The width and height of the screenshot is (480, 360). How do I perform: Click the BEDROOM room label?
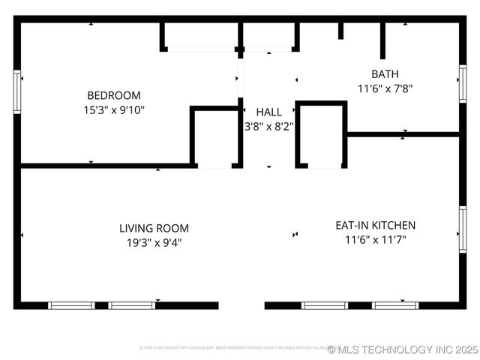coord(114,95)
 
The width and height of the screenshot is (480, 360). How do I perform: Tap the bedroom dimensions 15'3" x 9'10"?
coord(114,109)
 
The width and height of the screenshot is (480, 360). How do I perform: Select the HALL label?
coord(268,112)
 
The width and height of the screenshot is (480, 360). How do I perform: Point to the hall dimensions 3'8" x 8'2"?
coord(268,127)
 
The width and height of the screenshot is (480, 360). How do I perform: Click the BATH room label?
coord(385,73)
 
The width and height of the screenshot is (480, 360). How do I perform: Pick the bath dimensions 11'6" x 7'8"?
coord(385,88)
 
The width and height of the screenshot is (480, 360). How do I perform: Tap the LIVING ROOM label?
coord(154,228)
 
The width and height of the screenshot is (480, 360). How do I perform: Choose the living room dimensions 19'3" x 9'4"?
coord(154,242)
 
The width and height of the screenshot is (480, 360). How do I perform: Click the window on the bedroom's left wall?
coord(17,91)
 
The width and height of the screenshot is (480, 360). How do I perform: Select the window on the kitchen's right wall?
coord(463,229)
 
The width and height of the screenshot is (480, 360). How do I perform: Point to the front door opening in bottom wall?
coord(241,305)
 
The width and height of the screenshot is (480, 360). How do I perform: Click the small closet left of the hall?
coord(216,136)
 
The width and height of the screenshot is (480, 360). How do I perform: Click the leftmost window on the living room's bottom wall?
coord(71,305)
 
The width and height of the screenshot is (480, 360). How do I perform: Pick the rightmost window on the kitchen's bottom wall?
coord(394,305)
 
